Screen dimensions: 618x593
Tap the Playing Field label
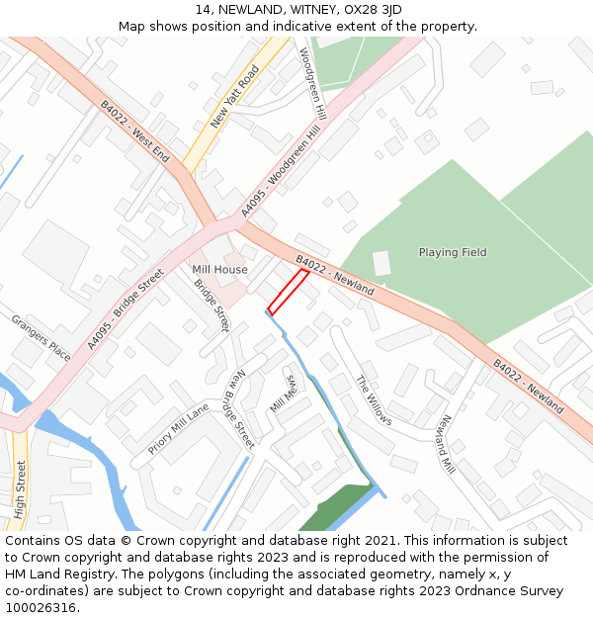pyautogui.click(x=453, y=252)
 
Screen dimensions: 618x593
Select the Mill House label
pyautogui.click(x=219, y=269)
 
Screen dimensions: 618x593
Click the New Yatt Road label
pyautogui.click(x=235, y=97)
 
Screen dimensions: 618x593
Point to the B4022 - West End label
pyautogui.click(x=135, y=132)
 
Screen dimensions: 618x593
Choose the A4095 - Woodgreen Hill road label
pyautogui.click(x=283, y=171)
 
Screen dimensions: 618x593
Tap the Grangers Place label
pyautogui.click(x=41, y=337)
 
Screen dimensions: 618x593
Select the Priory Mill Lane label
pyautogui.click(x=179, y=429)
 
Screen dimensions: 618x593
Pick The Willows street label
pyautogui.click(x=374, y=400)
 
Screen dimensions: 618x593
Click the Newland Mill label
pyautogui.click(x=446, y=442)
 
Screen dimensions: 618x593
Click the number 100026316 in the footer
pyautogui.click(x=42, y=607)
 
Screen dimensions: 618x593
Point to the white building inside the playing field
pyautogui.click(x=381, y=263)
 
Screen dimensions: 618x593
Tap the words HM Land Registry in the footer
pyautogui.click(x=55, y=574)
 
